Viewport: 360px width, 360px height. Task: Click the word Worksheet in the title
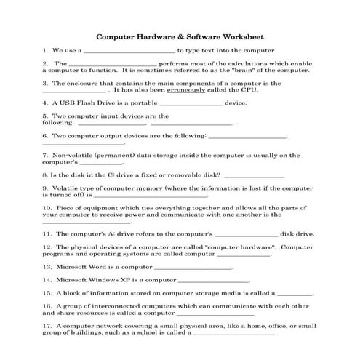tap(240, 35)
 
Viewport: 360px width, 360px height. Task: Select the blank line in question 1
tap(130, 52)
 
